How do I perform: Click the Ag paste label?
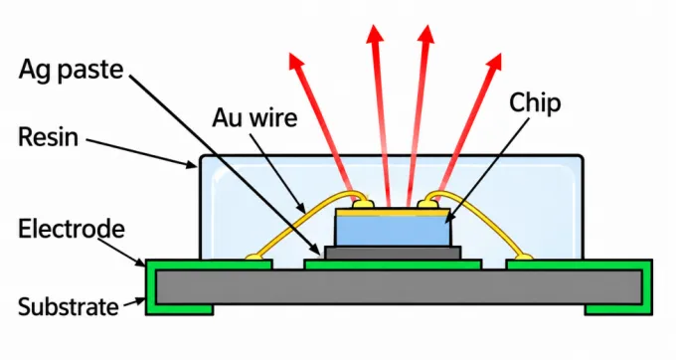coord(72,69)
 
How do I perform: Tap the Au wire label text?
coord(254,117)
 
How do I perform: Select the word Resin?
coord(49,137)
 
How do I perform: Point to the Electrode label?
coord(72,229)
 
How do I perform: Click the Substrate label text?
coord(69,307)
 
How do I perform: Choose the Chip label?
coord(535,103)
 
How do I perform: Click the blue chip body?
coord(393,231)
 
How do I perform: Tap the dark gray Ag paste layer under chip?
coord(393,253)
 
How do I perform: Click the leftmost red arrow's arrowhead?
coord(295,61)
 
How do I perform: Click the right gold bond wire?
coord(483,221)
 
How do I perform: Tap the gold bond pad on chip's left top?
coord(362,204)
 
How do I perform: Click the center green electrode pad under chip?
coord(393,265)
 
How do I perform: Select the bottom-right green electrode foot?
coord(618,309)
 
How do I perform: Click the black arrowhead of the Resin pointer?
coord(192,164)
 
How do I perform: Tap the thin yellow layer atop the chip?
coord(393,212)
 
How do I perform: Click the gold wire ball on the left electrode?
coord(253,258)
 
